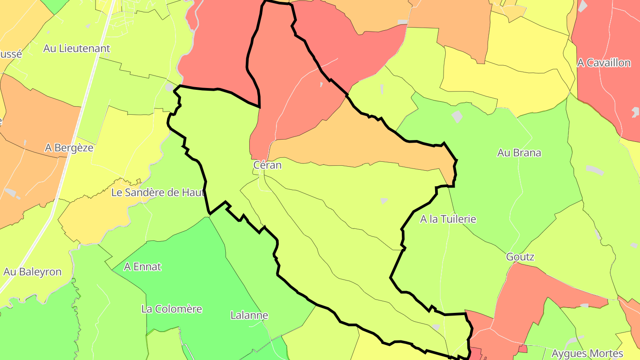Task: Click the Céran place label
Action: click(268, 165)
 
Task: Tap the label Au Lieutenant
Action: click(76, 48)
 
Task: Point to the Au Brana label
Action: click(519, 153)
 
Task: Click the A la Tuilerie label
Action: click(448, 219)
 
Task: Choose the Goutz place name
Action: click(520, 257)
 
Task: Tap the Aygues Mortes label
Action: click(587, 354)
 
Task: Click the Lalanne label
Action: click(249, 316)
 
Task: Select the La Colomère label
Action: click(172, 309)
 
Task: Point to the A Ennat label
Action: click(142, 267)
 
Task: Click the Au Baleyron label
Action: click(32, 272)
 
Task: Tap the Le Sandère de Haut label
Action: click(158, 192)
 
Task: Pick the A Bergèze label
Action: click(69, 148)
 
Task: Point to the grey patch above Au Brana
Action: click(457, 117)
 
